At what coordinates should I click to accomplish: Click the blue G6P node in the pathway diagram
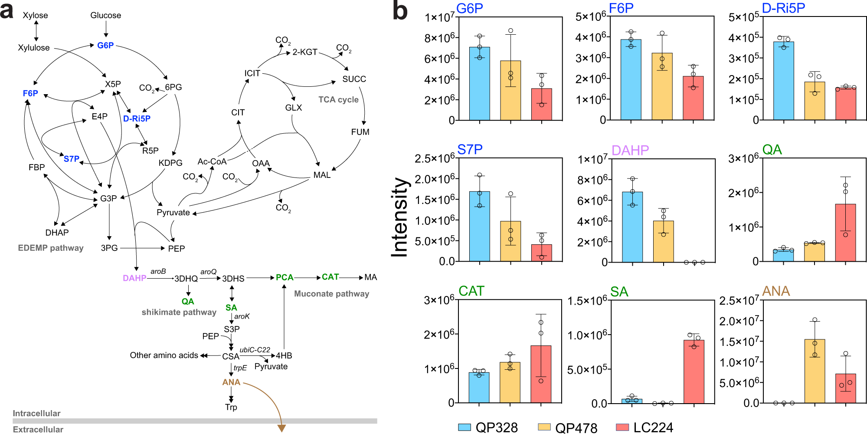click(105, 45)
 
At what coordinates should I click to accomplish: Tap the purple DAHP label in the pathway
click(134, 278)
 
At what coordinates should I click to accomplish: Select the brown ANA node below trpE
click(231, 382)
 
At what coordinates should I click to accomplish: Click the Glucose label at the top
click(105, 16)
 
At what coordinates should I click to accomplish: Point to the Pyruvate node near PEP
click(173, 213)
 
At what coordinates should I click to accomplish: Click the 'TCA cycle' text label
click(338, 100)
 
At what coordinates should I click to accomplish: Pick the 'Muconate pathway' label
click(331, 294)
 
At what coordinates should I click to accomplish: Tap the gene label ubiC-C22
click(255, 350)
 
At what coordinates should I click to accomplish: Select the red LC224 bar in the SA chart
click(694, 372)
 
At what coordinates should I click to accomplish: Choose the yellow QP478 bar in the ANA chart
click(815, 371)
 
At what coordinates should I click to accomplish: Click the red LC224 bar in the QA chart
click(845, 233)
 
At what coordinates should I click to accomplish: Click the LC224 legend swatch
click(622, 427)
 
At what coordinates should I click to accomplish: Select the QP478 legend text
click(576, 427)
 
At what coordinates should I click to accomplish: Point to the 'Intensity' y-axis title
click(400, 217)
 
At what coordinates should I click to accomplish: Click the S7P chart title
click(470, 150)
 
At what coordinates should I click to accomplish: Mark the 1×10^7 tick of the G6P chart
click(439, 17)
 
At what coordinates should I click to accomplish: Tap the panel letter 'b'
click(399, 12)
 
